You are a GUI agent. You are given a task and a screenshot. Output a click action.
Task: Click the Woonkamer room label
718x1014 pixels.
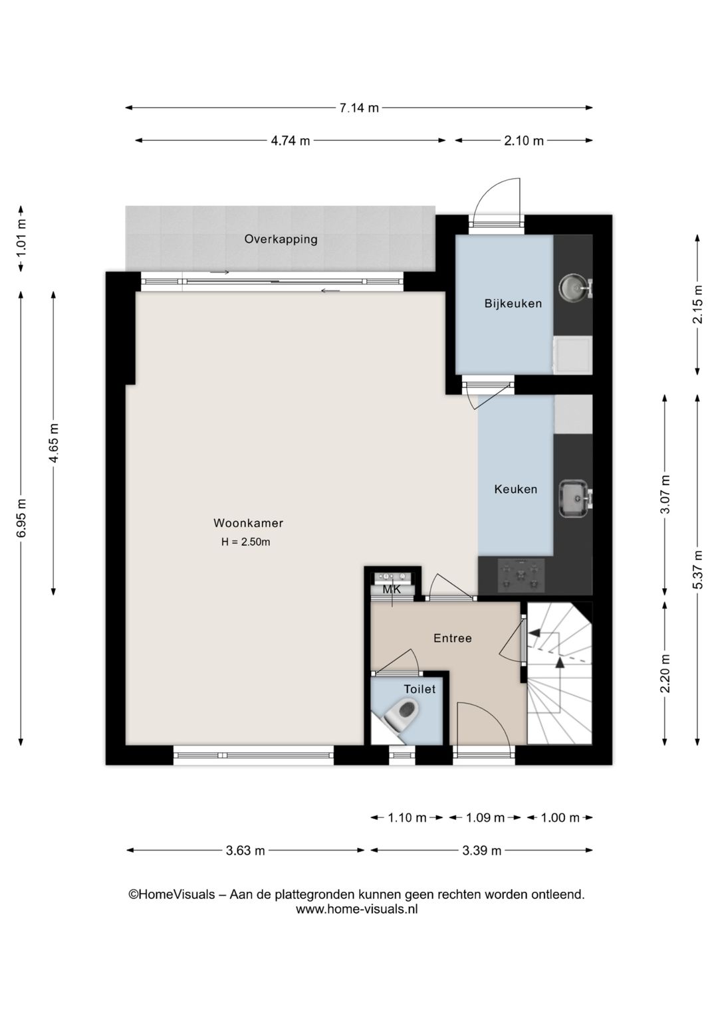(248, 523)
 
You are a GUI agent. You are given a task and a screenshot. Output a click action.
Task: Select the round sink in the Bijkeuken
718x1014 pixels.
(574, 287)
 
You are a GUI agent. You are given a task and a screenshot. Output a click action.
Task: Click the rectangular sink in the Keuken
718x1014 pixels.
(575, 498)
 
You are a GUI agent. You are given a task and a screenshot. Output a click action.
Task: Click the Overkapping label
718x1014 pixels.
(281, 239)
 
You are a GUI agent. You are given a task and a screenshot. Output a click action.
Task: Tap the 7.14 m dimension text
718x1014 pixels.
(359, 108)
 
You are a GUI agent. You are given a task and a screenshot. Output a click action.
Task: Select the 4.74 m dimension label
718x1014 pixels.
(291, 141)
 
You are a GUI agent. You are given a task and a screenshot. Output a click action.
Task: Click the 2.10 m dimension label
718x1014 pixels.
(524, 141)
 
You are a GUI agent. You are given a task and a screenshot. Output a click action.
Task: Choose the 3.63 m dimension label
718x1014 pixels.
(245, 851)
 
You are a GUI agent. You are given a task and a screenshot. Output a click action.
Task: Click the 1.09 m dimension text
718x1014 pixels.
(485, 817)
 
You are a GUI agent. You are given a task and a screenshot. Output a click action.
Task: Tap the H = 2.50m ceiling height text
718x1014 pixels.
(245, 542)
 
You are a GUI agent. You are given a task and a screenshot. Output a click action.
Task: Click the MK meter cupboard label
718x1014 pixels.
(392, 589)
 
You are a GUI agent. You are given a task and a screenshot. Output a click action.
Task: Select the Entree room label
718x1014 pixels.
(453, 639)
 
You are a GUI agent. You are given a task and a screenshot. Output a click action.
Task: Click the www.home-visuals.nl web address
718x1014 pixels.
(357, 908)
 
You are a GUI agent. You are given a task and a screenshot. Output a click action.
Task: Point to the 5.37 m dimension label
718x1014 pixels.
(697, 569)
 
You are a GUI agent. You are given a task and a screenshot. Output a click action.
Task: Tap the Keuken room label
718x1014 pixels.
(515, 489)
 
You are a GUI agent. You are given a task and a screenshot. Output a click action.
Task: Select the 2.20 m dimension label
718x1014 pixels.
(665, 673)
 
